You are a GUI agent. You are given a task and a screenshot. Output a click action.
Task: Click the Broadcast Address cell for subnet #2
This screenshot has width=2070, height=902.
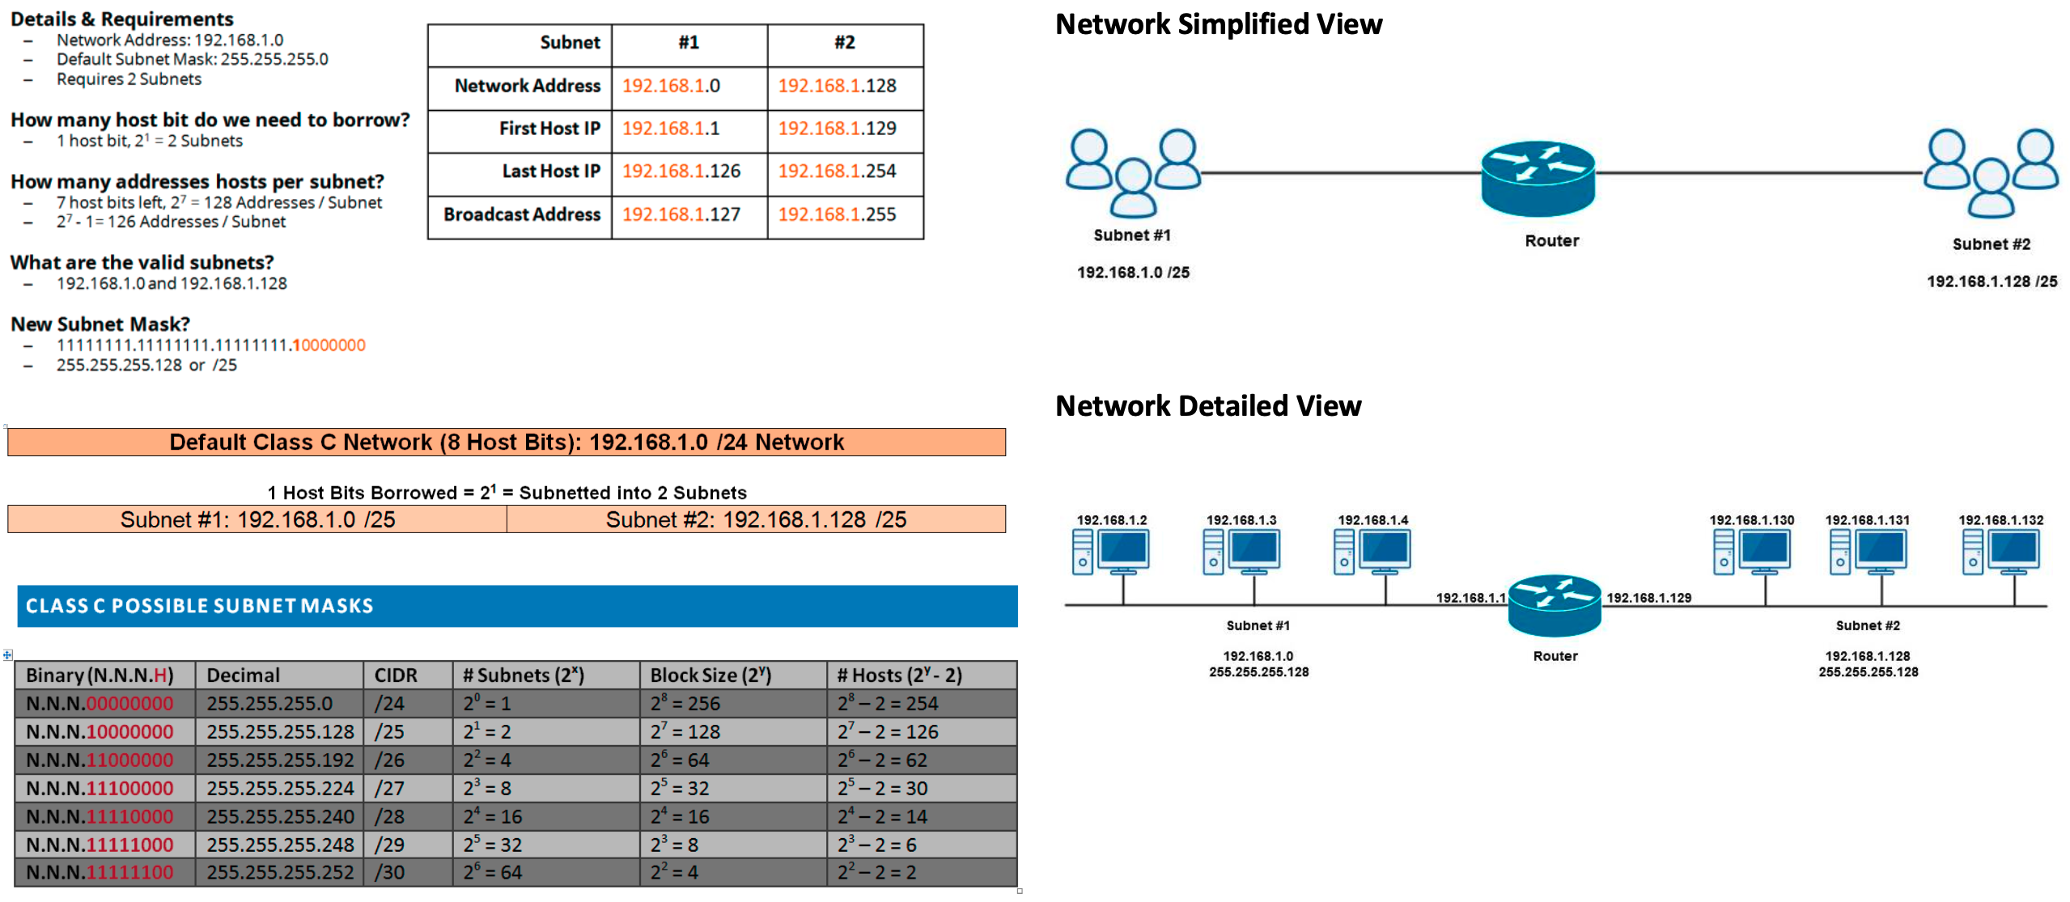[x=837, y=214]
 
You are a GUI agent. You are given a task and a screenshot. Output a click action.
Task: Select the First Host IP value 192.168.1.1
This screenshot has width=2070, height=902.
[x=670, y=129]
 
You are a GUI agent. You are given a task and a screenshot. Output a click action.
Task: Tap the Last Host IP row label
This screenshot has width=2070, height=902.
[x=550, y=172]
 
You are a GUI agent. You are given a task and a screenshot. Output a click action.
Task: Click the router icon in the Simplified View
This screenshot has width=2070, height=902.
[x=1537, y=178]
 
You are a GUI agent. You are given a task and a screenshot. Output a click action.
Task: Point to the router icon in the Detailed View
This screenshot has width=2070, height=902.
[x=1554, y=605]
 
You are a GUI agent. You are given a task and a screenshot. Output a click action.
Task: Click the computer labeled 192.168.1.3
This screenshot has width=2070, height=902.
[x=1242, y=552]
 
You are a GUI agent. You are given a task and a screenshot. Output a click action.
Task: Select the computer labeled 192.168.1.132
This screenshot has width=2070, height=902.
[x=2000, y=552]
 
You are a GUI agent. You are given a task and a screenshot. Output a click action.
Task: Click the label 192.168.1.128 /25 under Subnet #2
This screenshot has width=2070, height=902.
[x=1992, y=282]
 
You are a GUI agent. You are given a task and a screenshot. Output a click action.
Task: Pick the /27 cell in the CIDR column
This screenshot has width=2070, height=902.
[x=389, y=788]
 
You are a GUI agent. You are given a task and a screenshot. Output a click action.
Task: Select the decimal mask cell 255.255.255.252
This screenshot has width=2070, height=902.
[x=280, y=873]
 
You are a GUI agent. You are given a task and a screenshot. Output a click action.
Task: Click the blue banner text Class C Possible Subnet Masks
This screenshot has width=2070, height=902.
[x=199, y=606]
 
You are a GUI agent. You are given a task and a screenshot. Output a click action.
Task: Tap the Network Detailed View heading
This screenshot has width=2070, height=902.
[x=1207, y=406]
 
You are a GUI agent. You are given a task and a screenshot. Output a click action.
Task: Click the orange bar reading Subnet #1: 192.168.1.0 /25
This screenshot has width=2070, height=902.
[x=257, y=519]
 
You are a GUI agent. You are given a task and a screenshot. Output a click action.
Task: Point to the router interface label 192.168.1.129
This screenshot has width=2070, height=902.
[x=1648, y=598]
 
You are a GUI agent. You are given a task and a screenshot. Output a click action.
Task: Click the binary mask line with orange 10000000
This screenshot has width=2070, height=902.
[x=210, y=345]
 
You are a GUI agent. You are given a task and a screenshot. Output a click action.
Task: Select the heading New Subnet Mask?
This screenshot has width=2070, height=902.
[x=100, y=324]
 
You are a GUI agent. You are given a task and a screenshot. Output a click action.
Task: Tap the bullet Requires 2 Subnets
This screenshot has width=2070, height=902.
[x=129, y=79]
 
